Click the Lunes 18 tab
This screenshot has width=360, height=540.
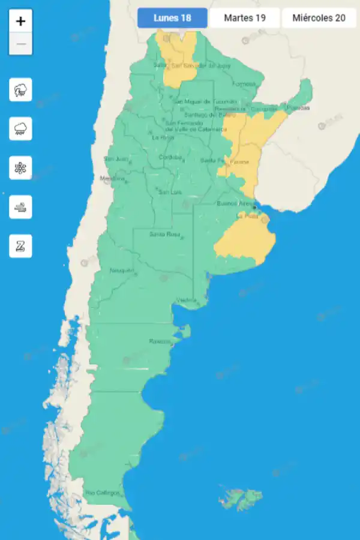[x=172, y=18]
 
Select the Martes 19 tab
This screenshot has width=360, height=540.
[x=245, y=18]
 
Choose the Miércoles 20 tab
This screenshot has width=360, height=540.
[x=319, y=18]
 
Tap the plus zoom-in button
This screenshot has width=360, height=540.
[x=21, y=22]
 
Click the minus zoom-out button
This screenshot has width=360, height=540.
[x=21, y=44]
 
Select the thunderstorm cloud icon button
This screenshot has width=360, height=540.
[x=21, y=91]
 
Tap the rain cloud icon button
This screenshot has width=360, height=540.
[x=21, y=129]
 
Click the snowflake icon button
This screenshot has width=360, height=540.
[x=21, y=168]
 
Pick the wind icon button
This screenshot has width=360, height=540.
[x=21, y=207]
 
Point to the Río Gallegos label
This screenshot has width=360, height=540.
[x=102, y=493]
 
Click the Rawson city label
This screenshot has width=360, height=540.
[x=160, y=341]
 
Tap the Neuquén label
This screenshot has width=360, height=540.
[x=121, y=271]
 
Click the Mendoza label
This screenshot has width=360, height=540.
[x=112, y=178]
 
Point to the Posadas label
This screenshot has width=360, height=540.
[x=298, y=108]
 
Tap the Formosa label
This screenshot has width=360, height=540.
[x=244, y=83]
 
